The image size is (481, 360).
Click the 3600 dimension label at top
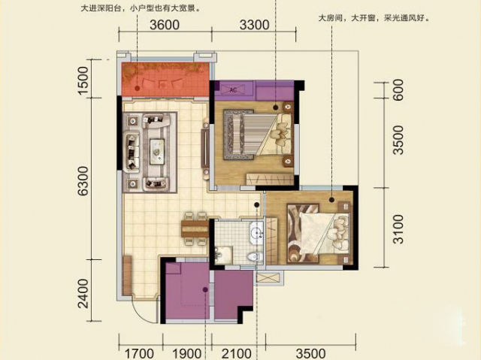[165, 25]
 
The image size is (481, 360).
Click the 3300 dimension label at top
[254, 25]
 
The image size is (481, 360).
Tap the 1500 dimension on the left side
[83, 80]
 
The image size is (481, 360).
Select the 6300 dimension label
[83, 180]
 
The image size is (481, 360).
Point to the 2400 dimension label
[83, 293]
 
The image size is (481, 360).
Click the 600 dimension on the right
[398, 89]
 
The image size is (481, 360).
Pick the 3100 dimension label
[398, 228]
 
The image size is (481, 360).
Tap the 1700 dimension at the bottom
[139, 353]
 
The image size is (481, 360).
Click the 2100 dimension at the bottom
[236, 353]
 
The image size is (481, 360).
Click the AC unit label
[233, 90]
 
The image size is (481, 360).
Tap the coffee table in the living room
[157, 151]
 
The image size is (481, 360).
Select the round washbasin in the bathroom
[256, 233]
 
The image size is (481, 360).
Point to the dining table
[195, 228]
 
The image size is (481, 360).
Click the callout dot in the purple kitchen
[205, 289]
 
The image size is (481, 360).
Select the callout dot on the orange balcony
[138, 89]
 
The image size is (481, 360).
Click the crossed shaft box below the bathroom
[268, 277]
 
